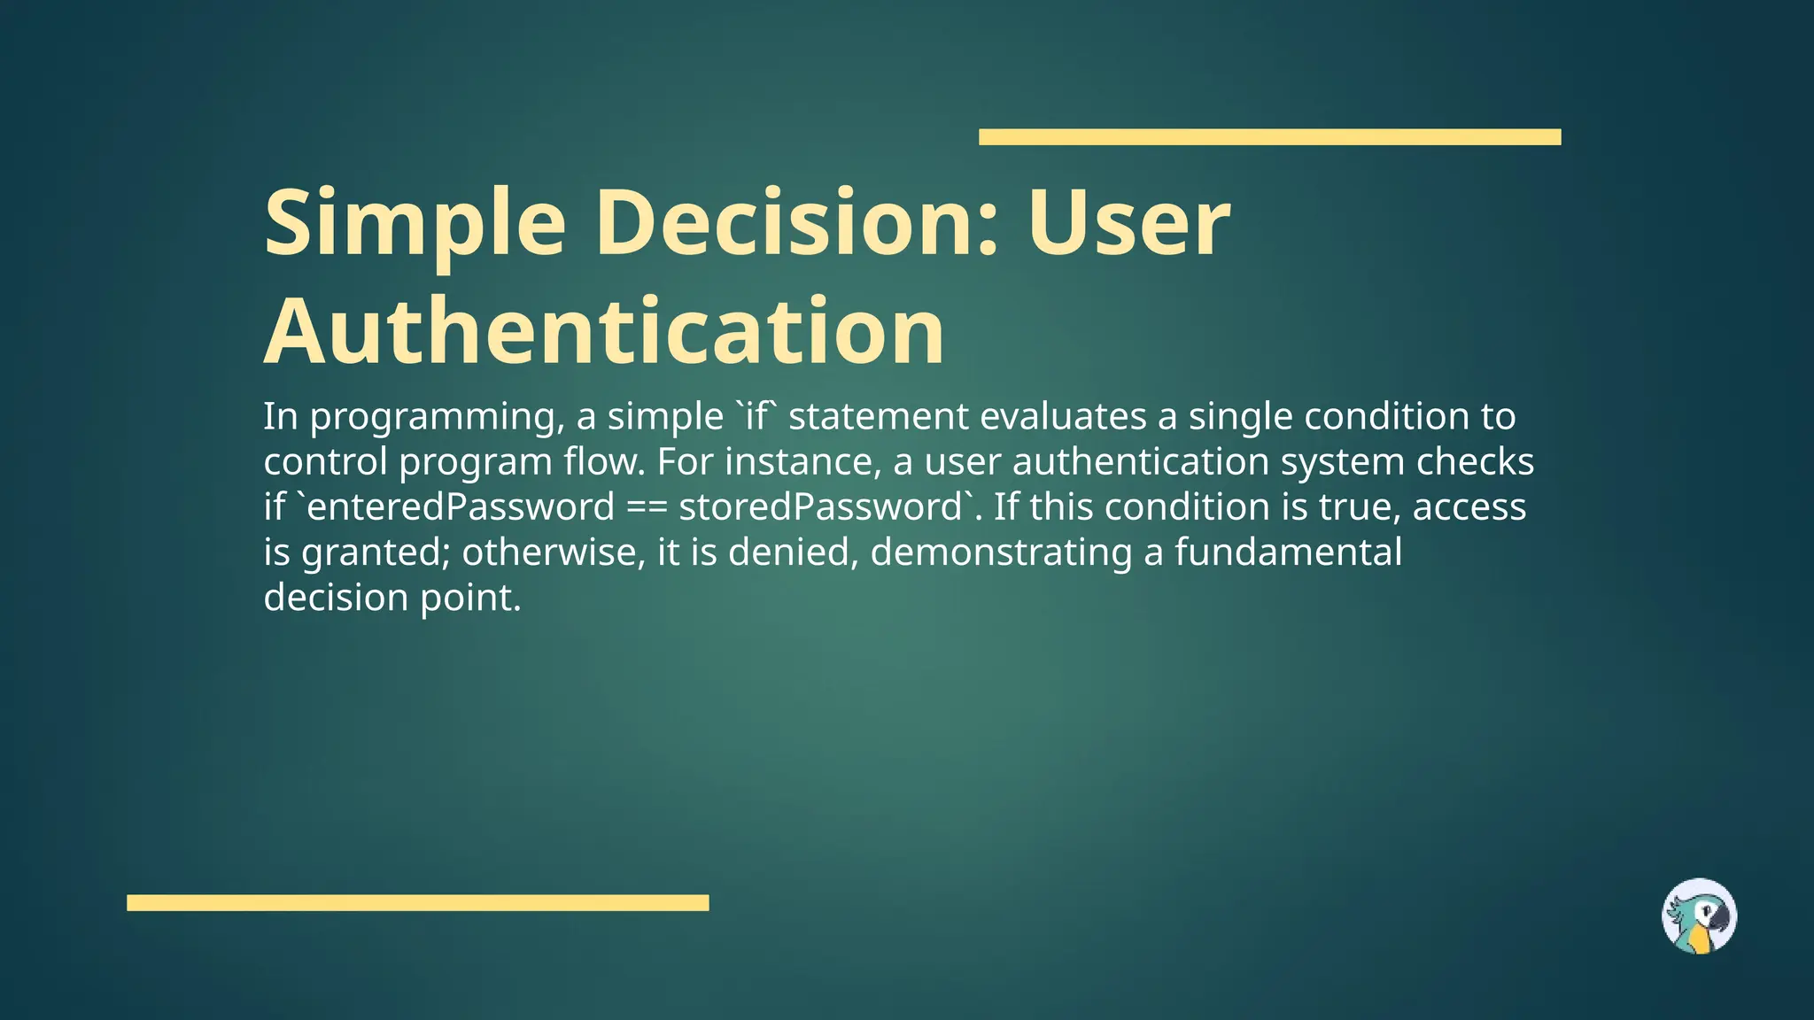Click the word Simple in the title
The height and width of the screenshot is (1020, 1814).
click(x=415, y=224)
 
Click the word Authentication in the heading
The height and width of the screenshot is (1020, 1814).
click(x=604, y=331)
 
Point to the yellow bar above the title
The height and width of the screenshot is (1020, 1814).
click(x=1269, y=137)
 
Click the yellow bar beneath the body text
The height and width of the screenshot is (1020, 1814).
click(x=417, y=902)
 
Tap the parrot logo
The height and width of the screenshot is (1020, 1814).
click(x=1699, y=916)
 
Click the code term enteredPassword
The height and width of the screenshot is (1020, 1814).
click(x=461, y=507)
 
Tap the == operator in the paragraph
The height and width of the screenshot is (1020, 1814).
click(x=647, y=507)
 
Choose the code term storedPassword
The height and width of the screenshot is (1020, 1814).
click(x=820, y=507)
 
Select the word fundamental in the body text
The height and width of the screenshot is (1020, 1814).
click(x=1288, y=552)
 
